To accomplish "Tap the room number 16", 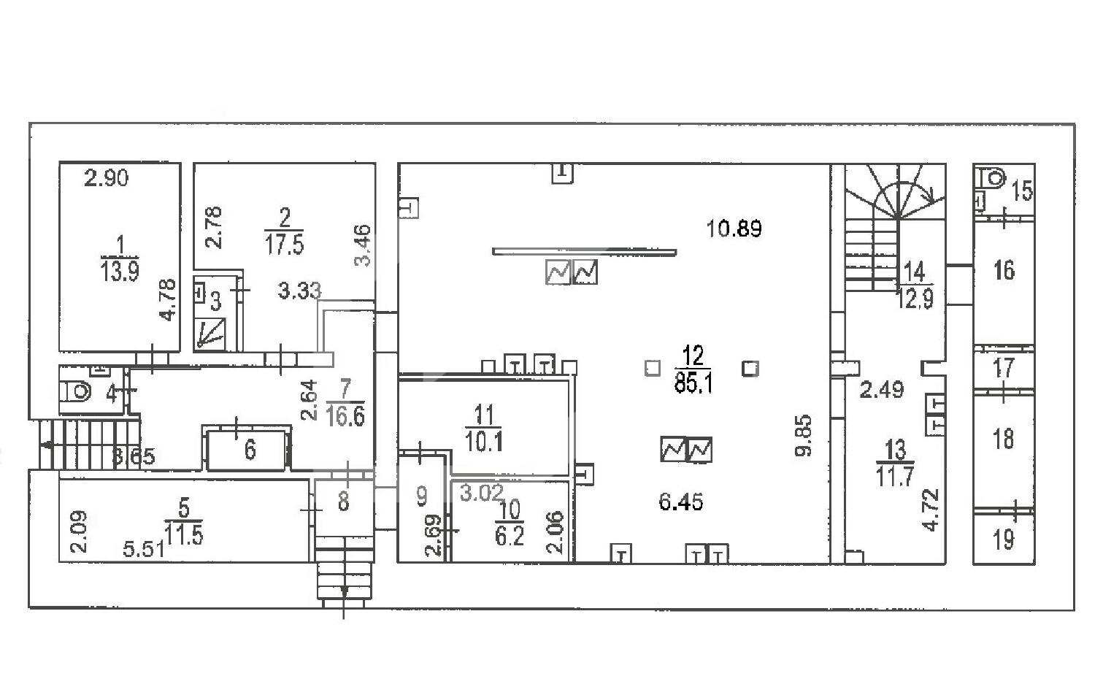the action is point(1004,270).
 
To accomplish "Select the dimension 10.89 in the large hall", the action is point(734,229).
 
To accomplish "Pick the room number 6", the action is point(250,450).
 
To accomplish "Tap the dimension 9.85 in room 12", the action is point(803,435).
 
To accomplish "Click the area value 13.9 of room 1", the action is point(120,271).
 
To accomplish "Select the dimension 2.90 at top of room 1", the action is point(107,178).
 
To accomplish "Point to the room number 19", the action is point(1004,539).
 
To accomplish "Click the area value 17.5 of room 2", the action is point(284,245).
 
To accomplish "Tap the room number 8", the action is point(343,501).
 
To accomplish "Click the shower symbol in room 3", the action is point(210,334).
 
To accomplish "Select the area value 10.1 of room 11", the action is point(484,442).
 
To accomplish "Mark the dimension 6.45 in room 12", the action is point(681,502).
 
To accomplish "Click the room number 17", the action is point(1004,368).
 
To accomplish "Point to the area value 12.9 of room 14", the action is point(915,299).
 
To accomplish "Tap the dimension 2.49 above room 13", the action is point(881,389).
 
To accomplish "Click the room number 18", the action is point(1004,438).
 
